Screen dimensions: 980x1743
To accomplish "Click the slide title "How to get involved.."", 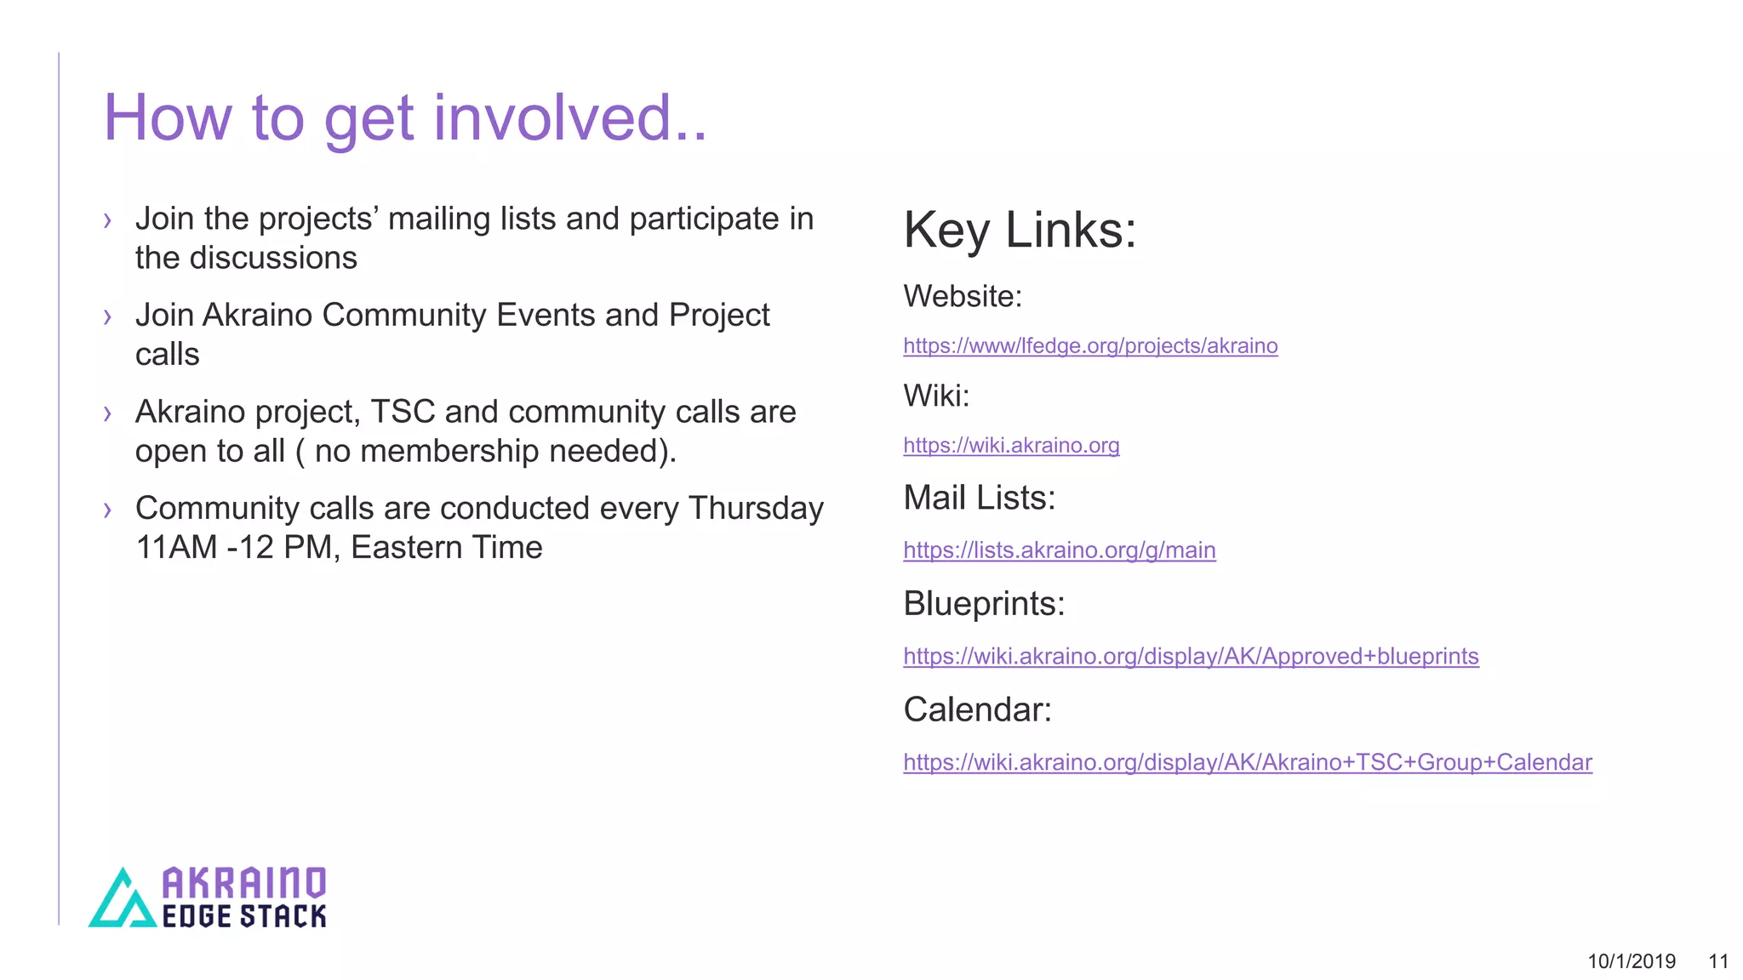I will click(x=404, y=117).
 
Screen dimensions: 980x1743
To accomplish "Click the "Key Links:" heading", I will click(x=1019, y=230).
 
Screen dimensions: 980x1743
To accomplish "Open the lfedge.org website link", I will click(x=1089, y=345).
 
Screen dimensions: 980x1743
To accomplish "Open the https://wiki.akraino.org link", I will click(x=1010, y=445).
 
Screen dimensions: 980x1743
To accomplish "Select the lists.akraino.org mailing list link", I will click(x=1059, y=550).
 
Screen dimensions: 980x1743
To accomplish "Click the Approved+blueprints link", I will click(x=1190, y=656).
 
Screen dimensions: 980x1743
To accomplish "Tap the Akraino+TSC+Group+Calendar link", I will click(x=1247, y=761).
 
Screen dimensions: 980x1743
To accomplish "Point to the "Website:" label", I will click(x=962, y=296).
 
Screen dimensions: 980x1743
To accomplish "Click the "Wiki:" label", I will click(x=935, y=396).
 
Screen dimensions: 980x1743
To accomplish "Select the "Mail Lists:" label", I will click(x=979, y=498).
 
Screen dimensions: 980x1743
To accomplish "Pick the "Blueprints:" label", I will click(x=983, y=603).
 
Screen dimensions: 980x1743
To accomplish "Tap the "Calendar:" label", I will click(x=976, y=709).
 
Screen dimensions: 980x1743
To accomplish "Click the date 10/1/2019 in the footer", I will click(x=1631, y=961).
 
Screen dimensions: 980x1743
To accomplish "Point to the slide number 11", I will click(x=1717, y=961).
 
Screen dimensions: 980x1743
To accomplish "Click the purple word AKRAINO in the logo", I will click(x=243, y=883).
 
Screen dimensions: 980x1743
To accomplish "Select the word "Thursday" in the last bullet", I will click(x=756, y=508).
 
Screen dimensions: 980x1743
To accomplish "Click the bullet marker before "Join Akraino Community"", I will click(x=107, y=317).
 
